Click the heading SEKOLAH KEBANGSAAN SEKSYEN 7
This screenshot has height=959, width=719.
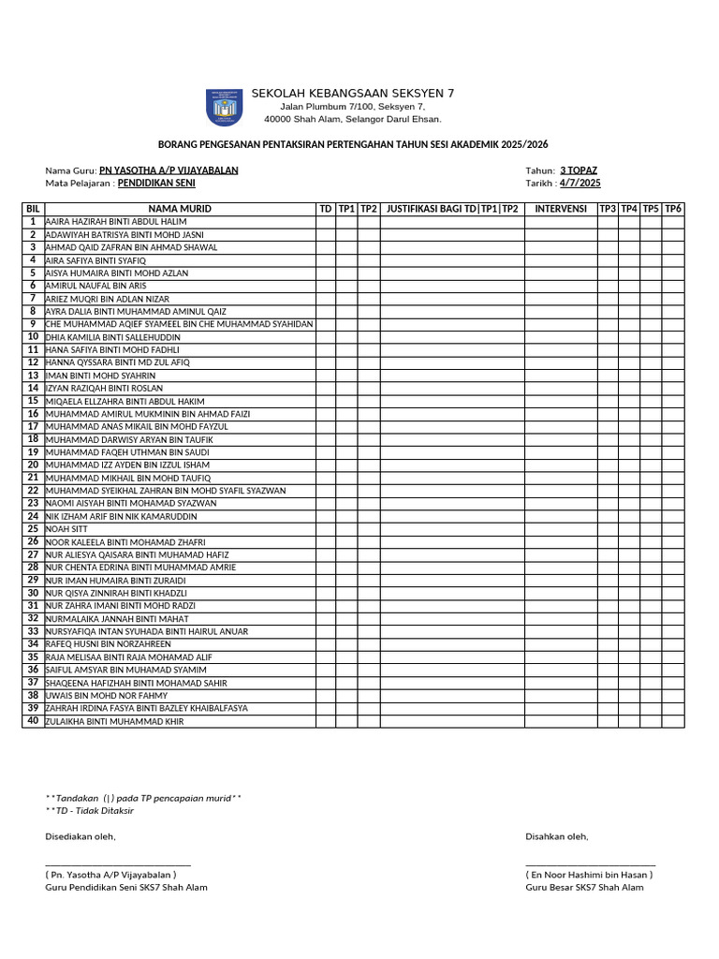pos(352,93)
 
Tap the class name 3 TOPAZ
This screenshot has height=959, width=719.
pos(579,170)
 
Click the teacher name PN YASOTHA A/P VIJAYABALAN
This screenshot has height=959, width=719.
pos(169,170)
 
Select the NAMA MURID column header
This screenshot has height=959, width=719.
pos(179,208)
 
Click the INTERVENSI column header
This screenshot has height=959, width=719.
pos(561,208)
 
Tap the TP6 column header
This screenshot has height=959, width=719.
pos(673,208)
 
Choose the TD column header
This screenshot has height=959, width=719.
pos(325,208)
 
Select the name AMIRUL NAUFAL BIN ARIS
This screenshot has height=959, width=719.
pos(95,286)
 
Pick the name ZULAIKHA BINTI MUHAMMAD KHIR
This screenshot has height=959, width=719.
pos(114,721)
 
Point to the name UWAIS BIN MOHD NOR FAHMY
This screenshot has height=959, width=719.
pos(107,696)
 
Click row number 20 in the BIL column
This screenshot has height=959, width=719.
pos(33,465)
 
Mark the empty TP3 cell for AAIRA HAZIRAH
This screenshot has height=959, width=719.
pos(608,221)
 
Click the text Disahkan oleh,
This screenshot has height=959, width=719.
pos(556,836)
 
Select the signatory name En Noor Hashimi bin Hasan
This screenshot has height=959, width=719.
pos(589,875)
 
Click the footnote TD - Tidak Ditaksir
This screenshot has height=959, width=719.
pos(90,810)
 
